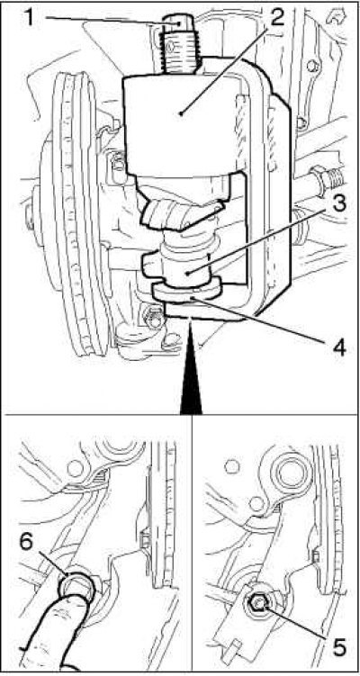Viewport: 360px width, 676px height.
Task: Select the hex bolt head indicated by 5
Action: click(257, 604)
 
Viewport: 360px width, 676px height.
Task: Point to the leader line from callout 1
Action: click(112, 21)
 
